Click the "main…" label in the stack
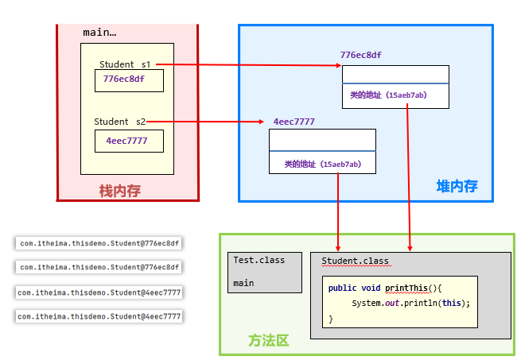[x=99, y=33]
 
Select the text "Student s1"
[x=124, y=64]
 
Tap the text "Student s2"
[x=119, y=122]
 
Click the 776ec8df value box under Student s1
[x=129, y=80]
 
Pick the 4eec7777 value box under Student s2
[x=129, y=141]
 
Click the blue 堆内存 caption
[x=457, y=187]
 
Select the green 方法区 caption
[x=268, y=340]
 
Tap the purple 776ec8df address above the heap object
[x=360, y=56]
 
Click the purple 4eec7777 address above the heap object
[x=293, y=122]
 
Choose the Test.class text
[x=258, y=260]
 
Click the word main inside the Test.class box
[x=243, y=283]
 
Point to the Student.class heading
[x=355, y=261]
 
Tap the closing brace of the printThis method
[x=331, y=318]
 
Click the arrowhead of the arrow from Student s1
[x=338, y=65]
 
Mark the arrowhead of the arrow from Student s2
[x=261, y=122]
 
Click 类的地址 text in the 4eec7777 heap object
[x=322, y=164]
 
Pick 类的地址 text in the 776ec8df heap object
[x=387, y=95]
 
